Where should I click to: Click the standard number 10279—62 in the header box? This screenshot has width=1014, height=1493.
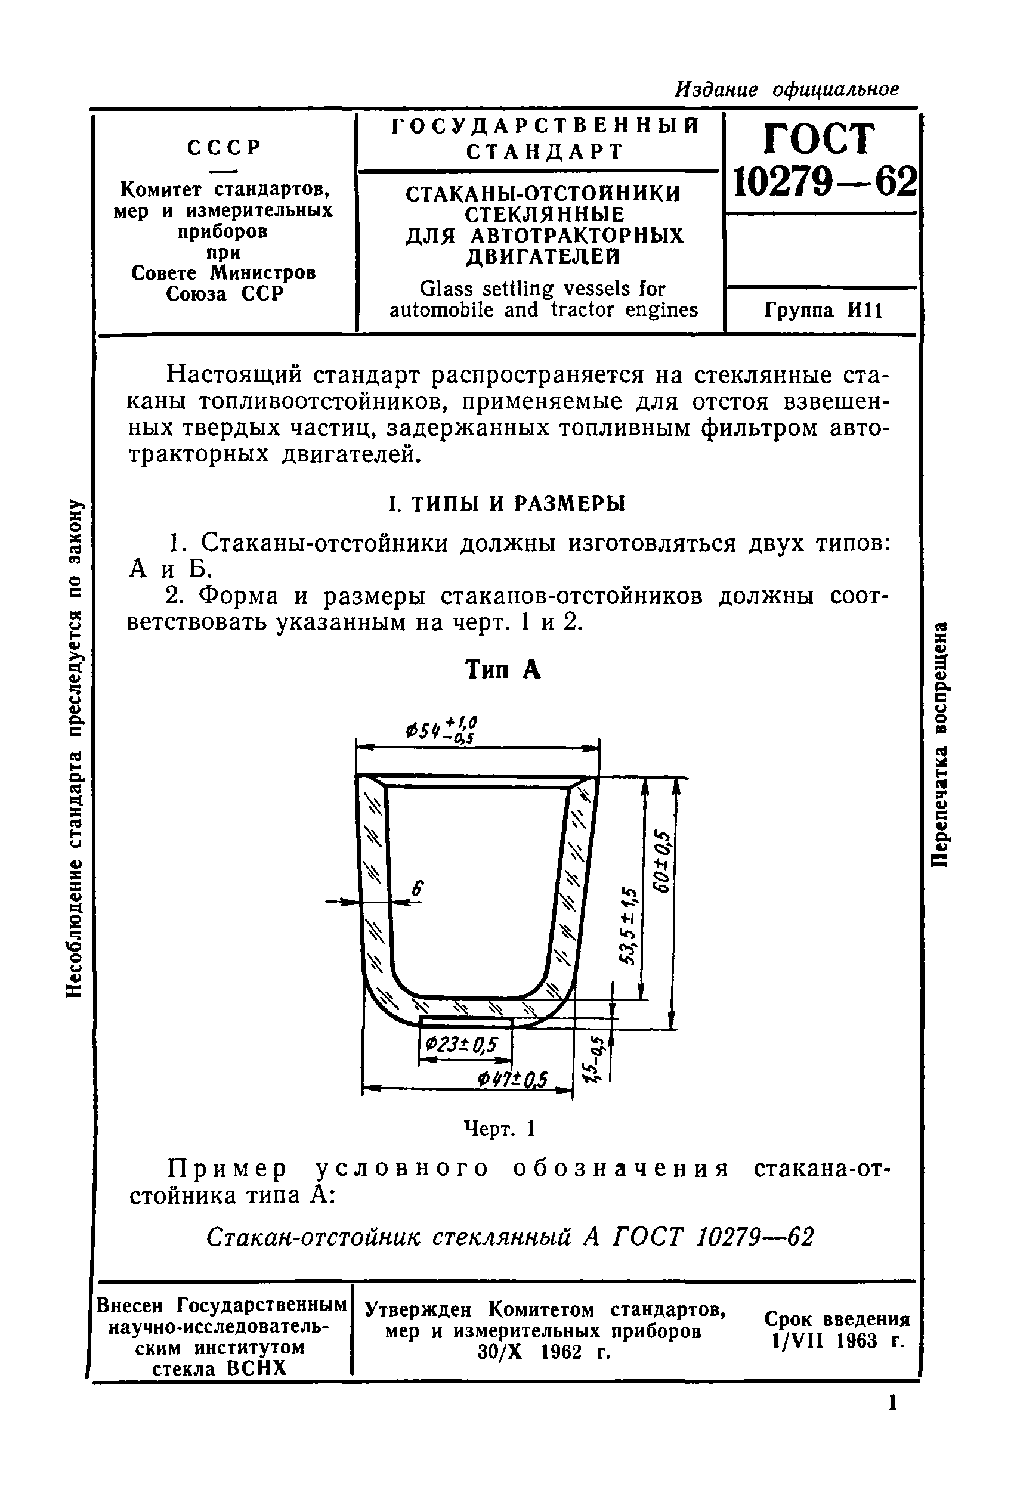click(823, 182)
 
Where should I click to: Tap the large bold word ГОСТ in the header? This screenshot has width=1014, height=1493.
click(820, 138)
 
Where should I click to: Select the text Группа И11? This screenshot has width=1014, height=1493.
click(823, 311)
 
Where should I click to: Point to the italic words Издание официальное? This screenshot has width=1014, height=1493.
click(787, 89)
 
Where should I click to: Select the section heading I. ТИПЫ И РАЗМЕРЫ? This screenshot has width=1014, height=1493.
click(507, 504)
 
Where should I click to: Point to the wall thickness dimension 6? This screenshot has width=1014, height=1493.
click(417, 889)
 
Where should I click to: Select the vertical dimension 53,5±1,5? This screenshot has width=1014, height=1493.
click(628, 926)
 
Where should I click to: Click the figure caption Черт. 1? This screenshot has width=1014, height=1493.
click(499, 1128)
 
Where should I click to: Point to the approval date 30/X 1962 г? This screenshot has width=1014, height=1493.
click(543, 1352)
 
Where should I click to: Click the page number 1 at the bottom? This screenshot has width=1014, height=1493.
click(892, 1403)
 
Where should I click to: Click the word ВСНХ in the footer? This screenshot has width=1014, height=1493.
click(256, 1368)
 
